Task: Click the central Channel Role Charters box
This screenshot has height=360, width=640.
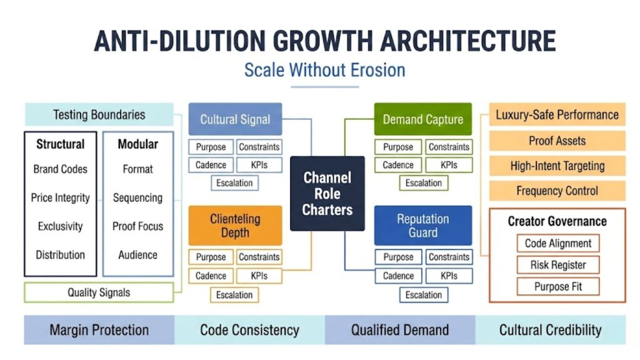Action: (327, 193)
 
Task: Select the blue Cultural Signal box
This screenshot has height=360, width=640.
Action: (235, 119)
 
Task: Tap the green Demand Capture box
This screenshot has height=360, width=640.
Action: (422, 119)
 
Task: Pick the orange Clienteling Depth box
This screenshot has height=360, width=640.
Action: (235, 226)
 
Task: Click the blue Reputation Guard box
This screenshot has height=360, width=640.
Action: (422, 226)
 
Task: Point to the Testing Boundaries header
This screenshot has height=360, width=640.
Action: (99, 115)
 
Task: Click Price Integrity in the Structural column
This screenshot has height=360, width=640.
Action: (61, 198)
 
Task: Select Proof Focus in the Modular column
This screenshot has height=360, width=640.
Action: (137, 226)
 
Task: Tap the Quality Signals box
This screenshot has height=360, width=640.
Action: (99, 292)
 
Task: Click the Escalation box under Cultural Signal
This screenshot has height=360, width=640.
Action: (234, 183)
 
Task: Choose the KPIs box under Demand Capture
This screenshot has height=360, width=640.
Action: (448, 165)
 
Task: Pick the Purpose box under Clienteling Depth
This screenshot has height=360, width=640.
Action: (211, 257)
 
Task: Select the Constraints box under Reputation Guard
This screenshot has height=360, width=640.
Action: (448, 257)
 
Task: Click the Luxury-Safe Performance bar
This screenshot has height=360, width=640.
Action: (557, 115)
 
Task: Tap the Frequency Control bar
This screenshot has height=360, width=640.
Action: (557, 191)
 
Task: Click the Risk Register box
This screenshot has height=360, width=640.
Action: (557, 265)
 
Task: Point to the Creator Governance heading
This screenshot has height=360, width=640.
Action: (557, 221)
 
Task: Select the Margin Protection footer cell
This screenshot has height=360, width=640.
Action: (99, 330)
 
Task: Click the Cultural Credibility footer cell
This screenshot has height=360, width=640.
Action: (550, 330)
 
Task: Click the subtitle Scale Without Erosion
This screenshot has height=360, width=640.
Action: (324, 69)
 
